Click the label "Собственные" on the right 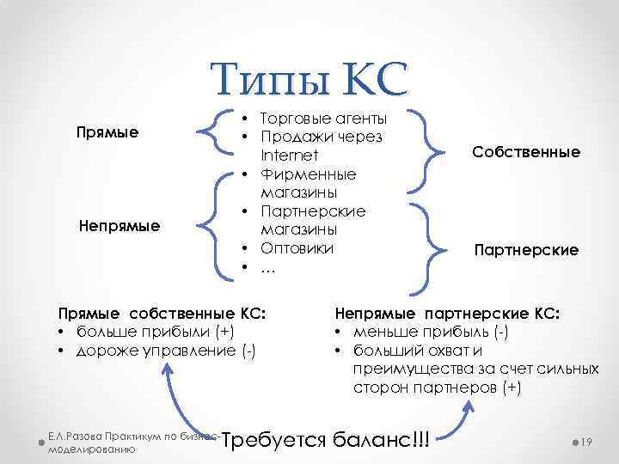click(525, 152)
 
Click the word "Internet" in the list click(290, 156)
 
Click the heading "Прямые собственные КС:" click(160, 314)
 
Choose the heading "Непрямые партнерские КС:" click(447, 314)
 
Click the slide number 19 click(588, 440)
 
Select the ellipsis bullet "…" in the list click(268, 268)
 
